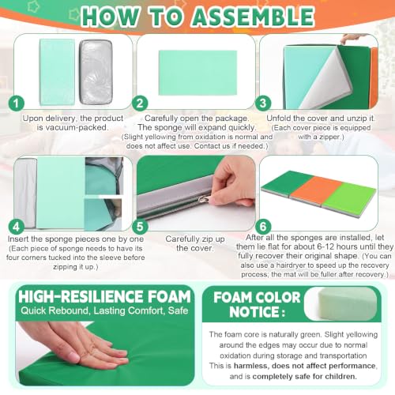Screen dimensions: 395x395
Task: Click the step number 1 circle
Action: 17,103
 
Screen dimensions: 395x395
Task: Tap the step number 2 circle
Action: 140,103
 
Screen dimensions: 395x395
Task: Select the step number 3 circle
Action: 263,103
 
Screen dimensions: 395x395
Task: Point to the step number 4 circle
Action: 17,227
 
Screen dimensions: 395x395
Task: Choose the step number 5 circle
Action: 140,227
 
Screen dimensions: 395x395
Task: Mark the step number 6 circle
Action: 263,227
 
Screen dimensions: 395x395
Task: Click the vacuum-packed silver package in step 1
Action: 96,72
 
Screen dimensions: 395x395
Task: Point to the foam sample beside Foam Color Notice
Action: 343,303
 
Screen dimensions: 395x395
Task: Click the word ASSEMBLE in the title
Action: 253,17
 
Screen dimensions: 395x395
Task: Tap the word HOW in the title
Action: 110,17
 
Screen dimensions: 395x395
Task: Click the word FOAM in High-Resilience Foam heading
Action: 169,296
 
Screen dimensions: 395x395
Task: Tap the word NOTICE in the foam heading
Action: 254,312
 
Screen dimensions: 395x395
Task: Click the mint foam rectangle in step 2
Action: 197,73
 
